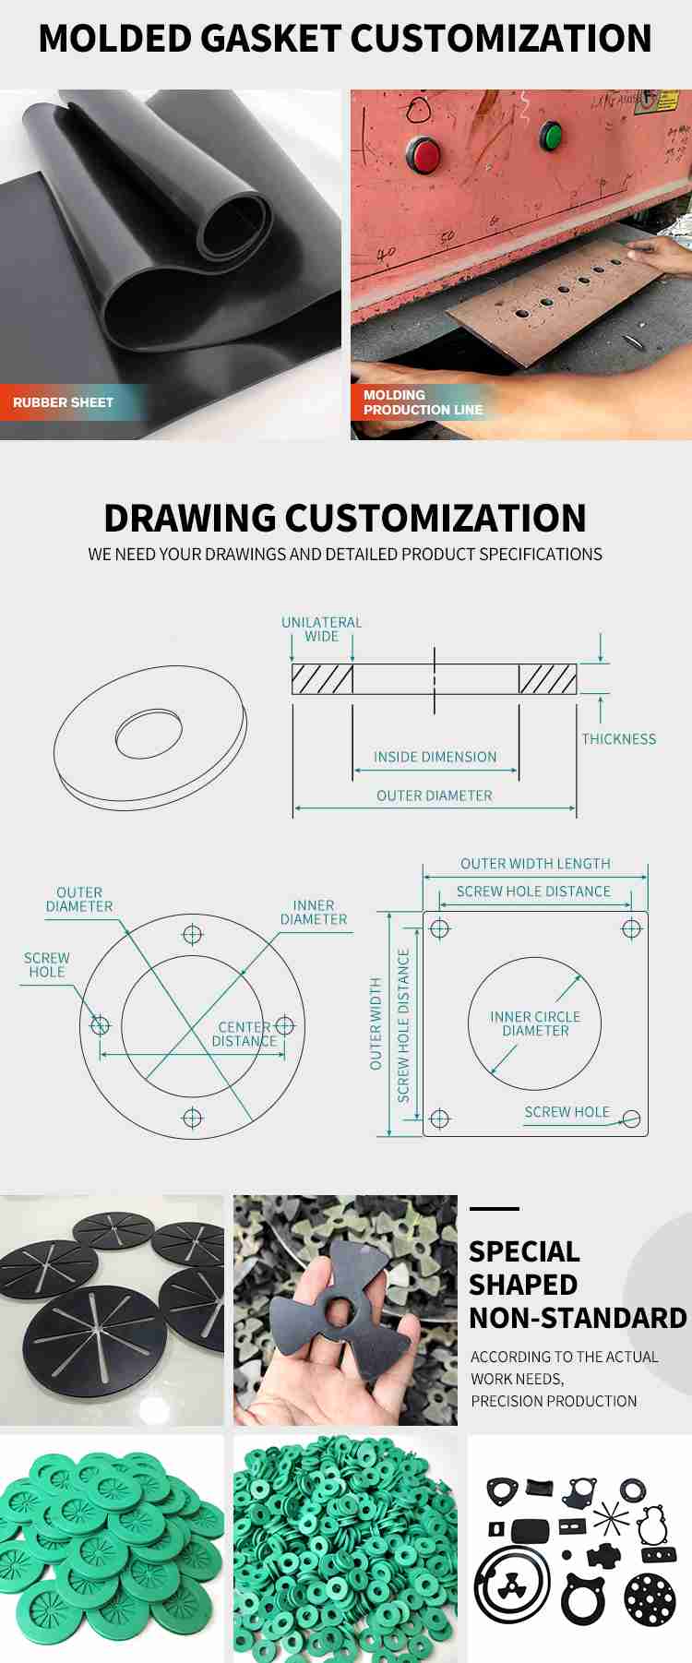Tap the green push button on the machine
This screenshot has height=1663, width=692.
point(552,136)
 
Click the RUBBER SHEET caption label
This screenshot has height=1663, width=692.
point(63,402)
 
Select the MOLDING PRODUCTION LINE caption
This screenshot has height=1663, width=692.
point(423,402)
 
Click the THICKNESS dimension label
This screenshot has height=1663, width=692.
point(618,739)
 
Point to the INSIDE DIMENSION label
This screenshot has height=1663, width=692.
point(435,757)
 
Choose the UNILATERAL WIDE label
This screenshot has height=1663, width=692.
point(321,628)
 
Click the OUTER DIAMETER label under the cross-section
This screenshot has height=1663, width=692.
point(434,796)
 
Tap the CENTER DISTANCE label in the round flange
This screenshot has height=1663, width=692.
point(245,1034)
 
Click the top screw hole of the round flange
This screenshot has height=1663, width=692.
point(192,935)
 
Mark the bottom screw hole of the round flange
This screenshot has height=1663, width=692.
point(192,1118)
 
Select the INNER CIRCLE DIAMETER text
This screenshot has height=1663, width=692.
point(535,1023)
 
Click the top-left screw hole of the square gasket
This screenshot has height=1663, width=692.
point(440,928)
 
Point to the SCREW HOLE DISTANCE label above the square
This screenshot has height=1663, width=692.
point(533,891)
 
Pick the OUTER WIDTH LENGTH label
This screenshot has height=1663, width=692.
point(535,864)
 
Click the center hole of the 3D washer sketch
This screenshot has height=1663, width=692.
point(149,734)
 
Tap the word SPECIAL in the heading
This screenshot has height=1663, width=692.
point(524,1251)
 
